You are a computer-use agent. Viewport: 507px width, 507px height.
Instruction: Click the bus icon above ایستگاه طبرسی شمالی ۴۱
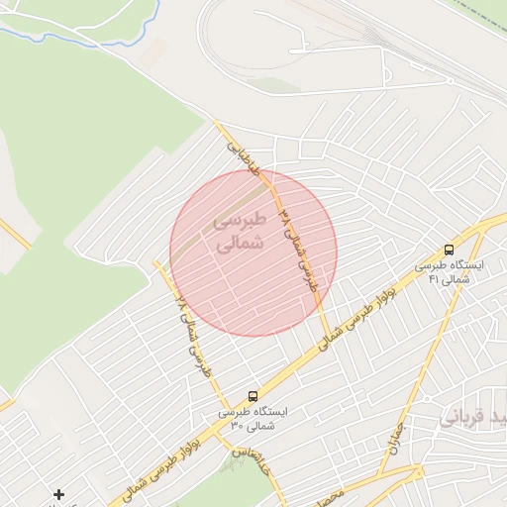click(450, 250)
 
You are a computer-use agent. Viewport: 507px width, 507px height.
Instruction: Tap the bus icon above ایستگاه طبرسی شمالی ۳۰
click(253, 395)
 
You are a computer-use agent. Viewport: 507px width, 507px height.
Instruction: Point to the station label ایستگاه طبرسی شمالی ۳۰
click(254, 418)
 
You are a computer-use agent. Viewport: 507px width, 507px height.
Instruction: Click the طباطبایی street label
click(244, 157)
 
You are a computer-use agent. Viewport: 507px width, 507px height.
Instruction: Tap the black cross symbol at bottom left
click(59, 494)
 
